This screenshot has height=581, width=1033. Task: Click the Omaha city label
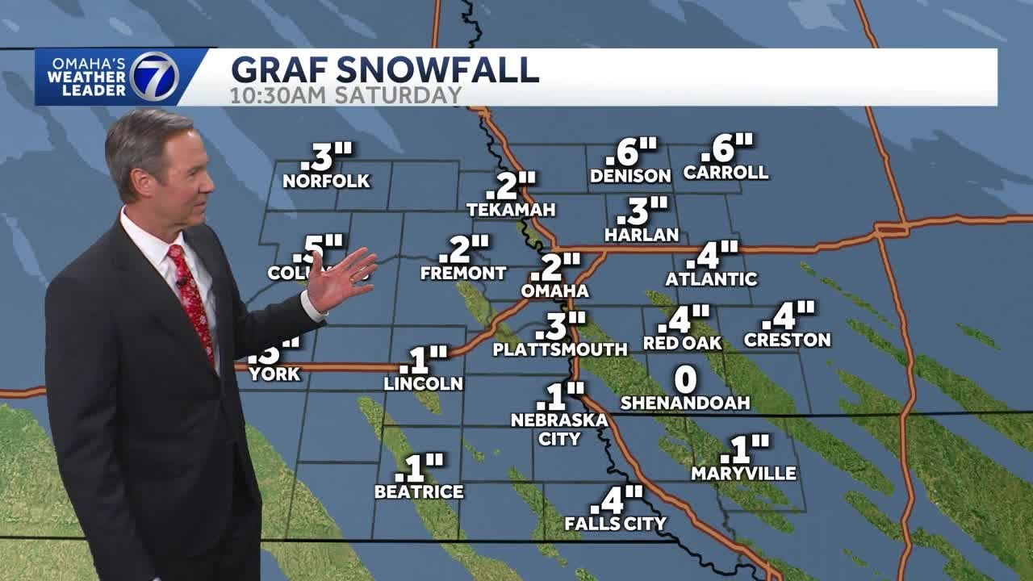(554, 290)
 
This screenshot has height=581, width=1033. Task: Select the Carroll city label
(726, 173)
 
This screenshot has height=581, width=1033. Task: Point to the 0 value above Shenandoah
(685, 379)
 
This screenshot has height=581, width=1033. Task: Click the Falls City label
(615, 524)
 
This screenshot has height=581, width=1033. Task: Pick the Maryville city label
(743, 474)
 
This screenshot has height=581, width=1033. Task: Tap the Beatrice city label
(419, 491)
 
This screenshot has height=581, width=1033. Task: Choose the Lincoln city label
(423, 383)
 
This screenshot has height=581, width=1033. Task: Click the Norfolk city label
(326, 181)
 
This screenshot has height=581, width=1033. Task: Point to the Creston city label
(787, 340)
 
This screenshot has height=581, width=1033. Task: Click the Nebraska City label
(559, 429)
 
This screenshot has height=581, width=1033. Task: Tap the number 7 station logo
(153, 77)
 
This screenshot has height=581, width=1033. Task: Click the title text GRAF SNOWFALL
(385, 69)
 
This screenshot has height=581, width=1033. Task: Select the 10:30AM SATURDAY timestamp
(346, 95)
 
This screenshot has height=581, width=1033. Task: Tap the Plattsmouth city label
(560, 349)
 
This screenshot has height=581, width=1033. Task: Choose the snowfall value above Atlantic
(713, 255)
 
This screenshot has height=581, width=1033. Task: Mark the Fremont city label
(463, 273)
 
